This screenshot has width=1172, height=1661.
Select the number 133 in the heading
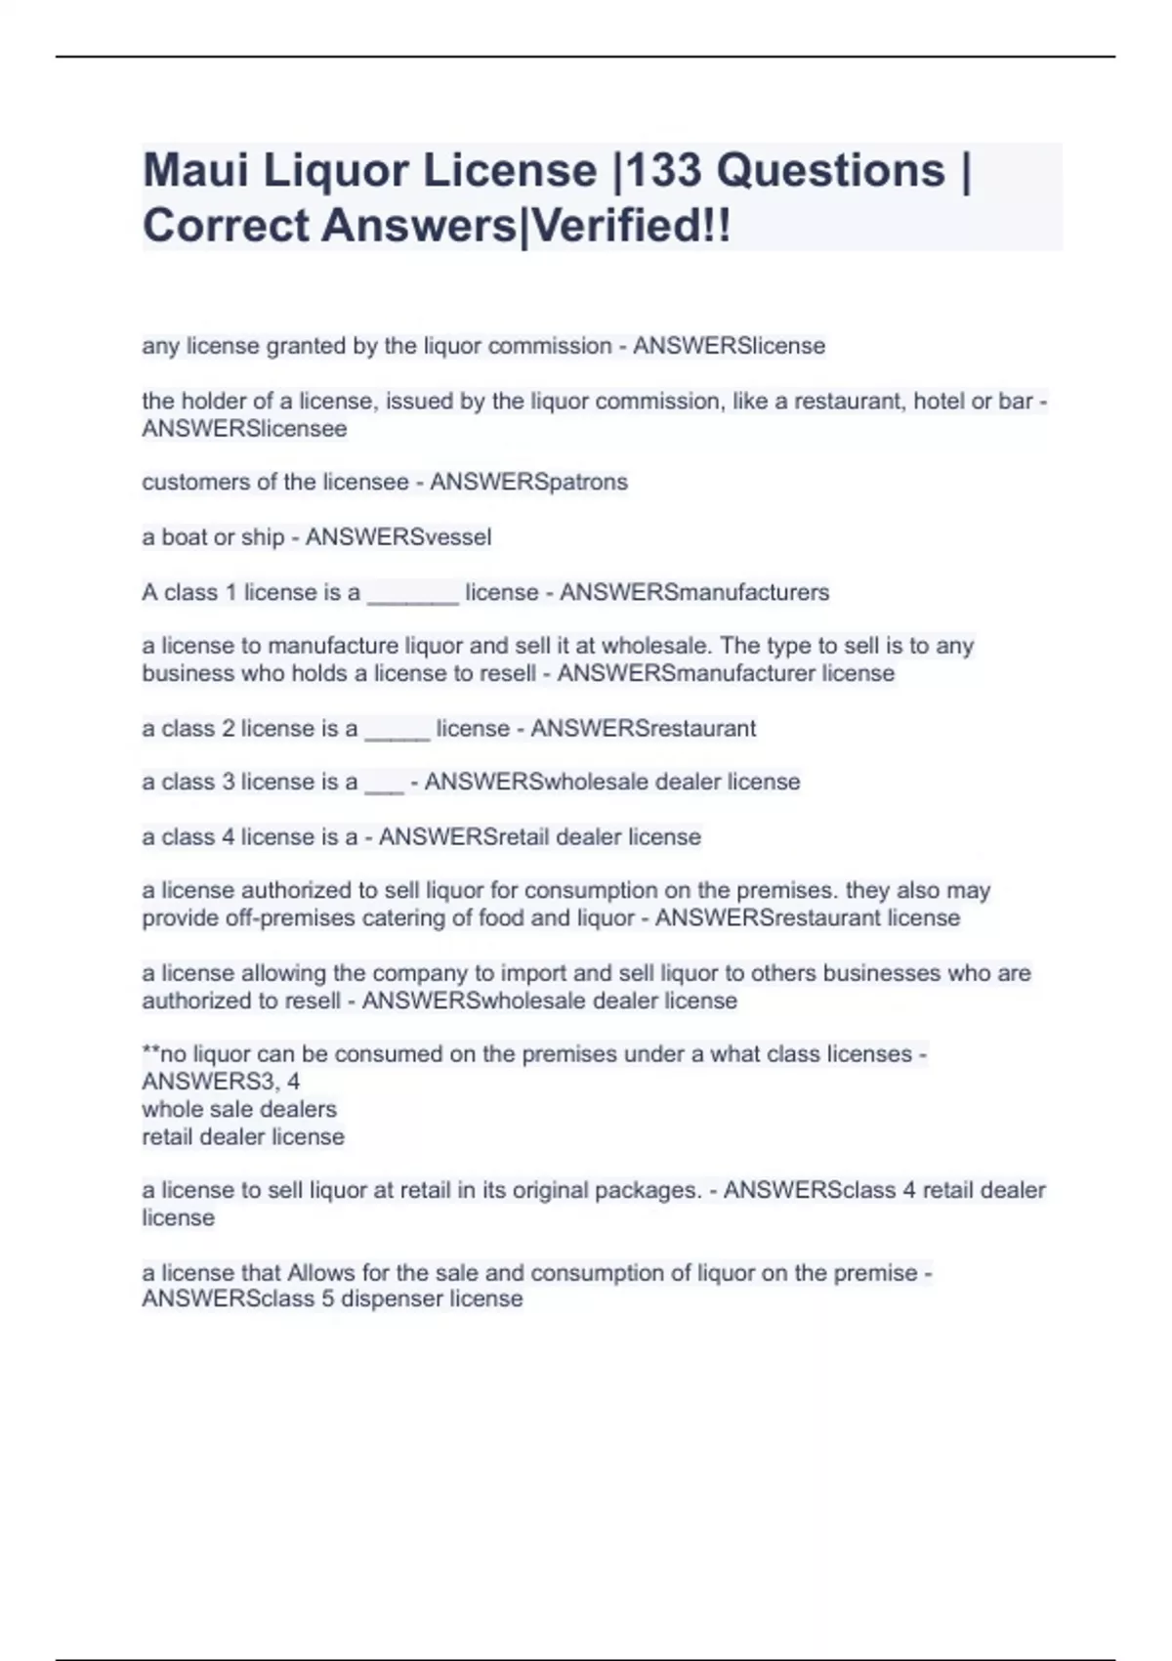(x=663, y=171)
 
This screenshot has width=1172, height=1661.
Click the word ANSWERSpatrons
(x=528, y=482)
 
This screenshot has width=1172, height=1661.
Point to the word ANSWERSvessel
(x=398, y=536)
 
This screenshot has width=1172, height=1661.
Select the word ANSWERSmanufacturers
(x=694, y=592)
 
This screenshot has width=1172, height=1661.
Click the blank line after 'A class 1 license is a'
(x=412, y=594)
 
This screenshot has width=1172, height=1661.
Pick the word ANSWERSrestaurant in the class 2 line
(x=644, y=728)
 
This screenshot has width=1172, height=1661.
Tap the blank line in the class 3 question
(x=384, y=784)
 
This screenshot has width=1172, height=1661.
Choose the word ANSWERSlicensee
(x=244, y=428)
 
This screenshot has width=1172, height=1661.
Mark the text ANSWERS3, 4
(x=221, y=1081)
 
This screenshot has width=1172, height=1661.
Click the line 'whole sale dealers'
(x=239, y=1109)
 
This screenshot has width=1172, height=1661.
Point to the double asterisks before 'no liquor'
(x=150, y=1052)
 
